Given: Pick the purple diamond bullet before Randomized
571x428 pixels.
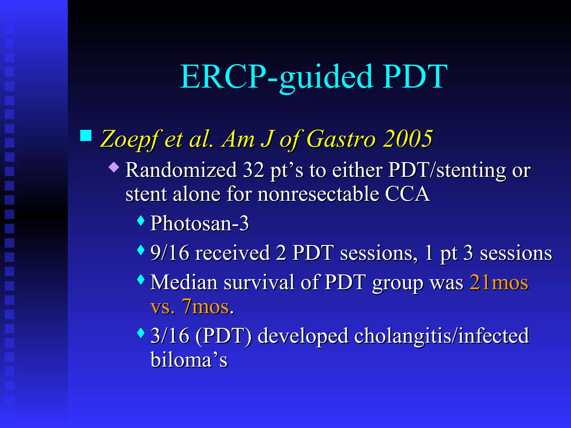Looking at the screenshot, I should point(114,167).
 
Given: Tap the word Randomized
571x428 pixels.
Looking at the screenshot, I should point(181,170).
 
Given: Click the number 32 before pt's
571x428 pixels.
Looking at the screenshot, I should point(253,170).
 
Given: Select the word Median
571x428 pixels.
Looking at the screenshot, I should point(184,282).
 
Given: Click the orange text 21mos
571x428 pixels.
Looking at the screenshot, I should point(499,282).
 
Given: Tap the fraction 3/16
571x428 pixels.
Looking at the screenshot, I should point(170,335).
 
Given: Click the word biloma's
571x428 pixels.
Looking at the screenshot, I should point(189,360).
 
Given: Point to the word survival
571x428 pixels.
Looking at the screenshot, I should point(259,282).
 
